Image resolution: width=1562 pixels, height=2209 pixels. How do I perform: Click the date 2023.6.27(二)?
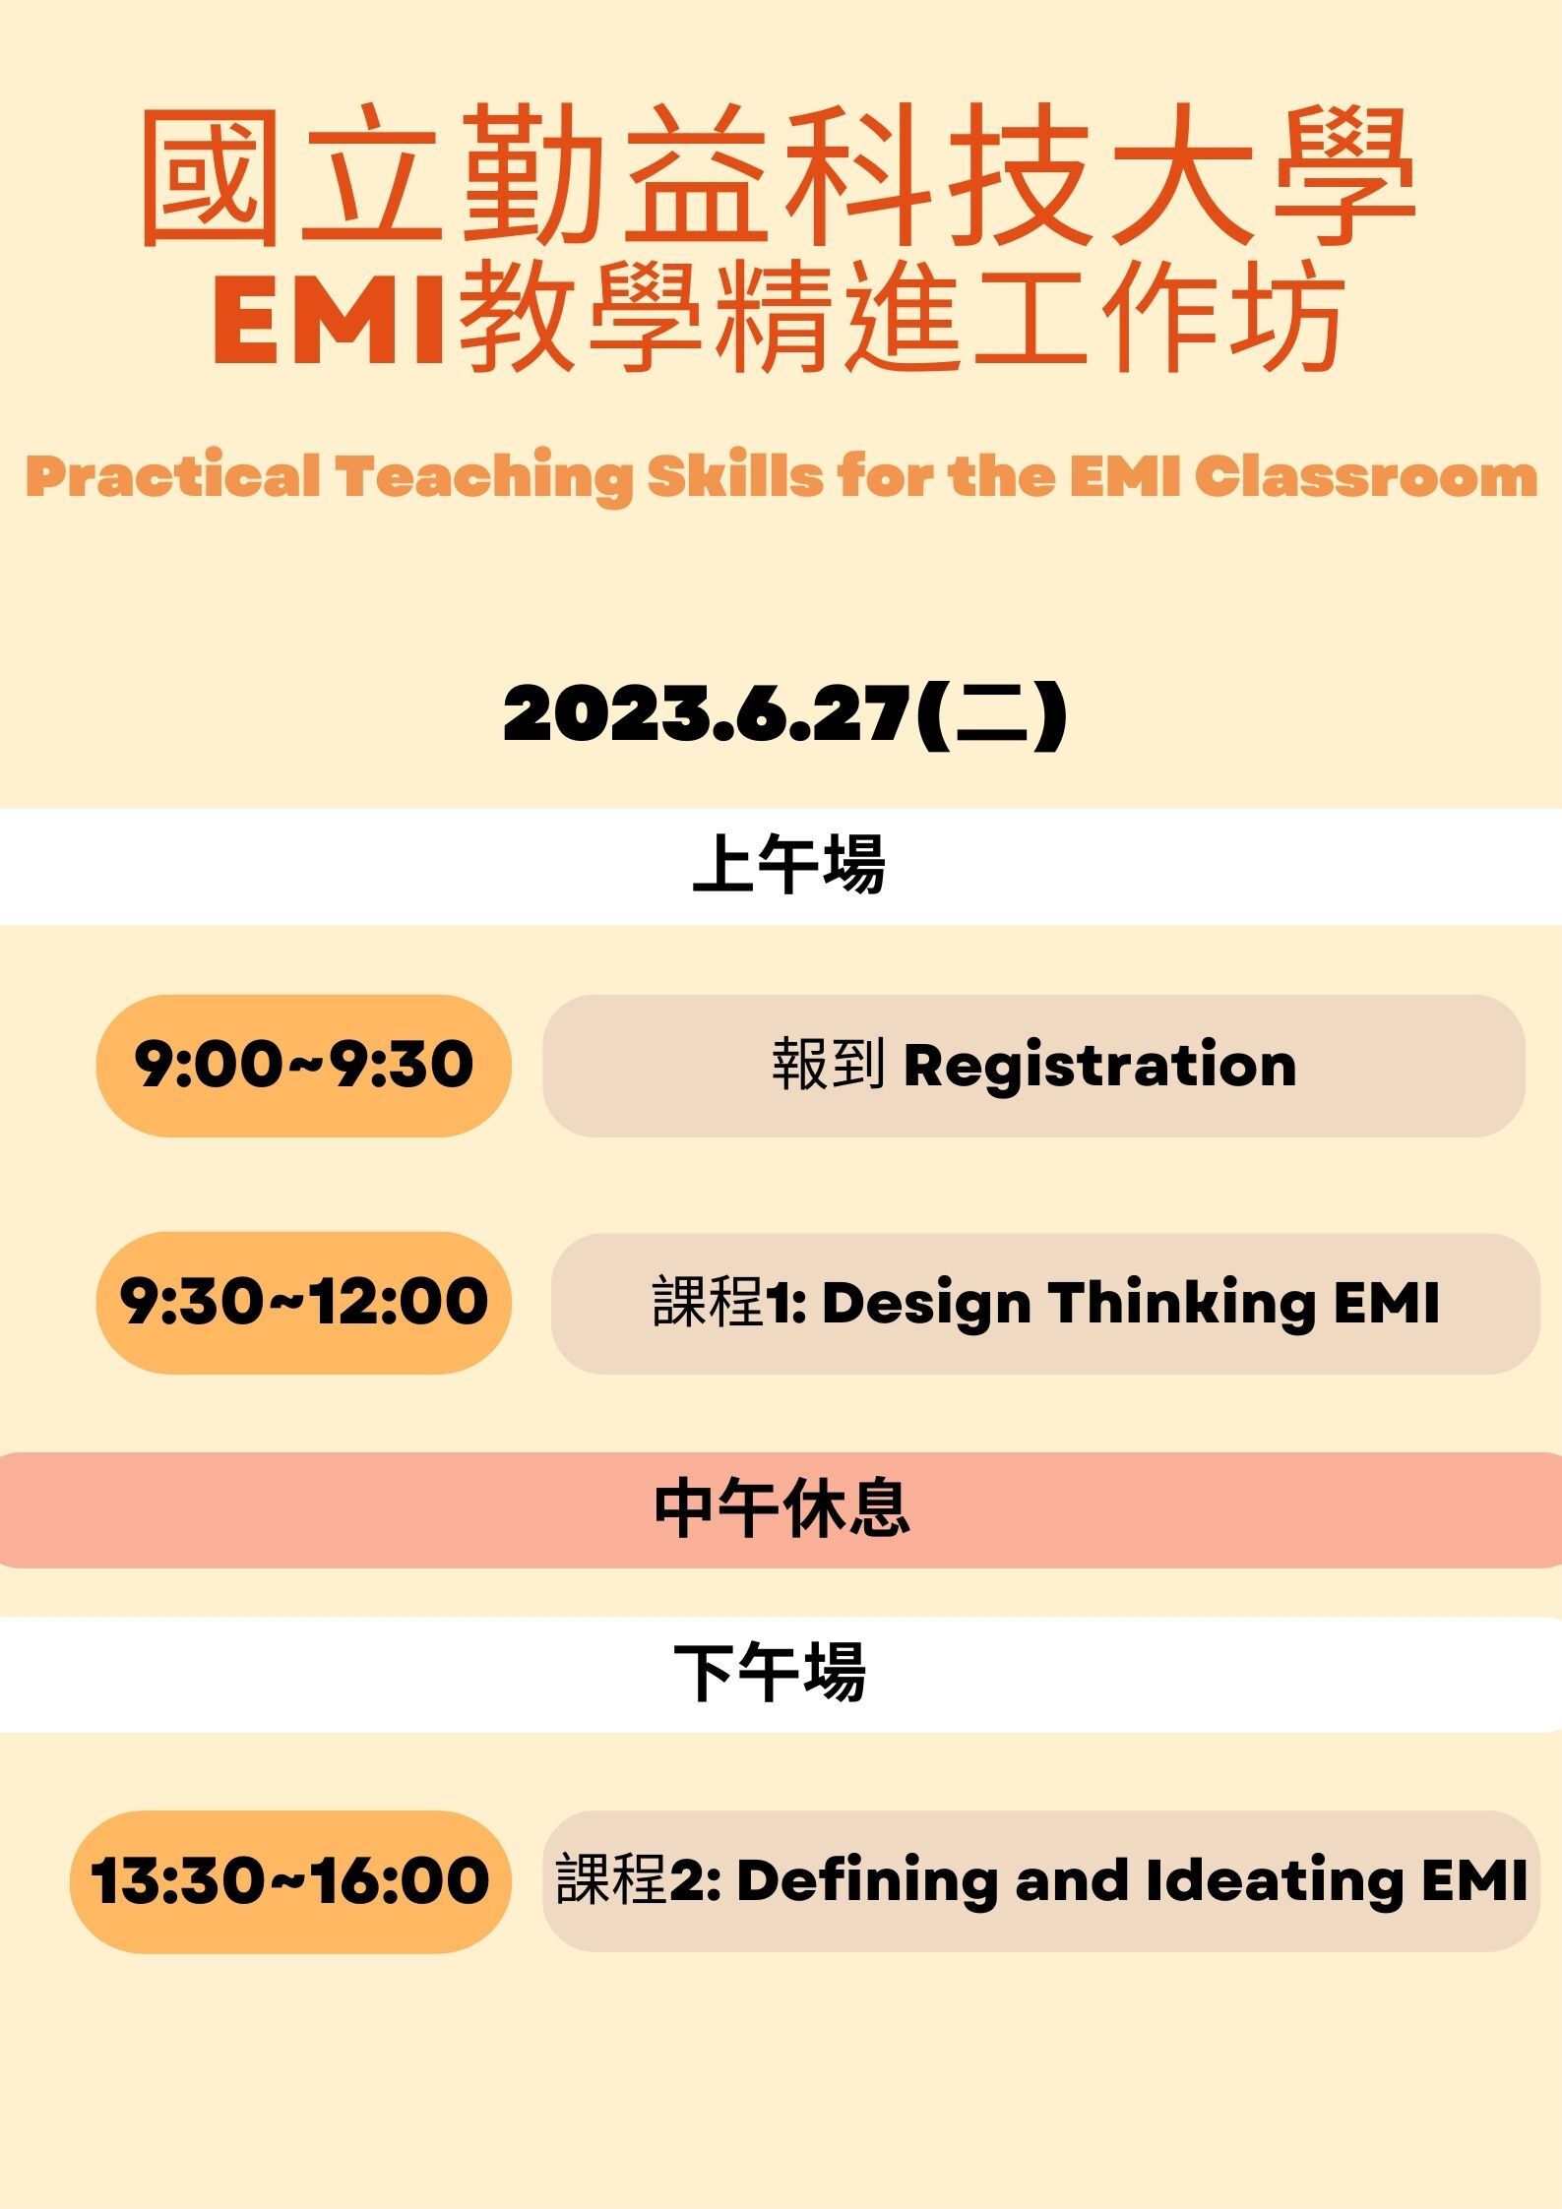(784, 713)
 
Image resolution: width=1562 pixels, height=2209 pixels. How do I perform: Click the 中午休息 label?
(781, 1508)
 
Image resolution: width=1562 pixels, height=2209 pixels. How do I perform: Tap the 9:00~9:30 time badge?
(304, 1065)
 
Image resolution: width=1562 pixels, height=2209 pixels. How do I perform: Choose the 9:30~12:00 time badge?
(304, 1302)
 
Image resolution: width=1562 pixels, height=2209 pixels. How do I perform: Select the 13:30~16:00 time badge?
(290, 1881)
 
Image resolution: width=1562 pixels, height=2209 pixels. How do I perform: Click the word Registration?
(1100, 1067)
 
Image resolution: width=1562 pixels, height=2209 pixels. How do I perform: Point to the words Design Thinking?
(1068, 1304)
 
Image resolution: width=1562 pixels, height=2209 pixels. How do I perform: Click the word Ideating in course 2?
(1275, 1882)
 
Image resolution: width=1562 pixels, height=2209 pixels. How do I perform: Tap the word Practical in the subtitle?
(173, 476)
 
